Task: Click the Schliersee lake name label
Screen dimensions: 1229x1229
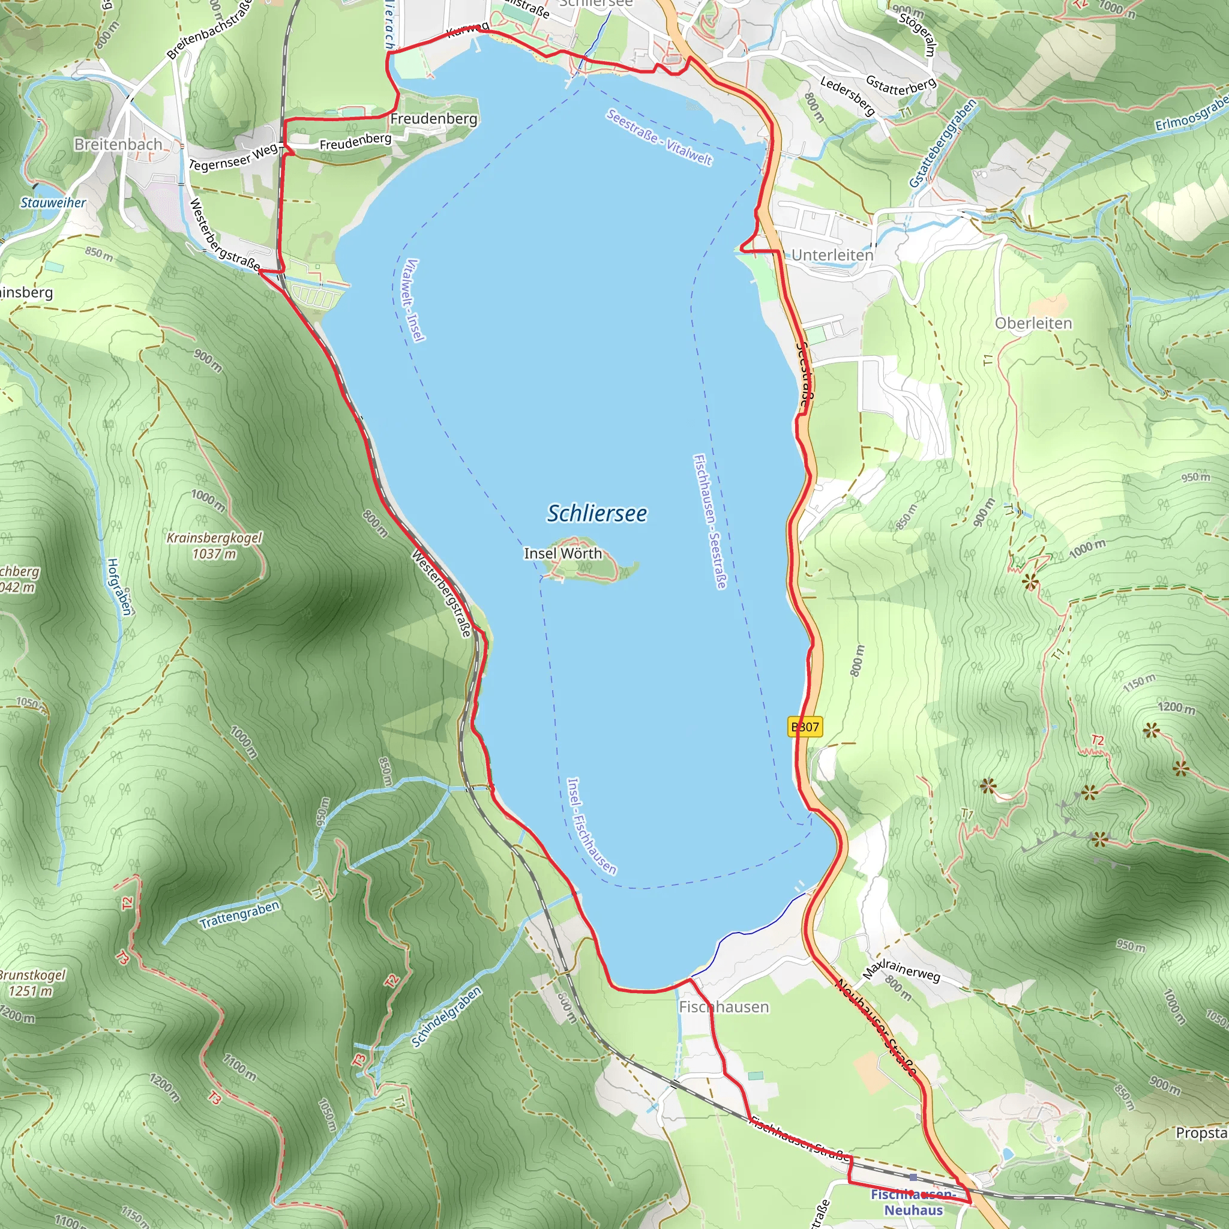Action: point(596,513)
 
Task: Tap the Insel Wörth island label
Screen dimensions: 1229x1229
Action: point(562,553)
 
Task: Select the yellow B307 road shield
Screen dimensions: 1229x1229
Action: point(805,727)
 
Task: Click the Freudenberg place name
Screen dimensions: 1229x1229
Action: point(433,119)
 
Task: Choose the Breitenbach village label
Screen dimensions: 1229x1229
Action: point(118,145)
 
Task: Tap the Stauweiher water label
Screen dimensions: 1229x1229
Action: point(53,203)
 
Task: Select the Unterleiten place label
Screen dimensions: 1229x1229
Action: point(832,255)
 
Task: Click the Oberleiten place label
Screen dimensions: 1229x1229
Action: point(1033,323)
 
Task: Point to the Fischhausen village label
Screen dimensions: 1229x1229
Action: point(724,1007)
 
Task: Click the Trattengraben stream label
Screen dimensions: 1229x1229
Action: point(239,915)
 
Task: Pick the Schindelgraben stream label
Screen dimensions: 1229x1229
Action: point(446,1017)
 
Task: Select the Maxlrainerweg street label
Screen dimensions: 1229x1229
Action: point(901,970)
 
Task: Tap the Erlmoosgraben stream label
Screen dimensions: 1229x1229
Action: point(1190,114)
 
